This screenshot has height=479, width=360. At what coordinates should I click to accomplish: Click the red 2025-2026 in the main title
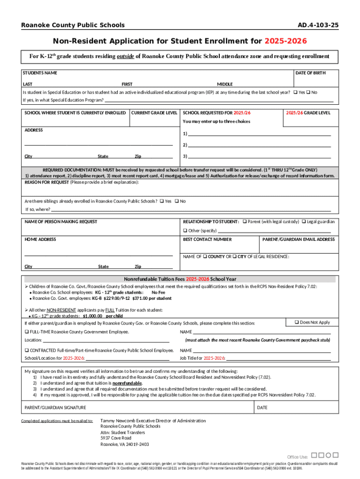[x=286, y=41]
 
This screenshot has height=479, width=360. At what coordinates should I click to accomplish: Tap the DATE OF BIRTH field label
[x=310, y=73]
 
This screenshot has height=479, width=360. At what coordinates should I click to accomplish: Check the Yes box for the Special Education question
[x=295, y=92]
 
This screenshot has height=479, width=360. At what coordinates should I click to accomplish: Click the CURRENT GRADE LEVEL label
[x=154, y=113]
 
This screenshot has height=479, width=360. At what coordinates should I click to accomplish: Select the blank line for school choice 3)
[x=259, y=156]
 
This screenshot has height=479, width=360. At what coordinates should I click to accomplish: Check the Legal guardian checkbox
[x=304, y=221]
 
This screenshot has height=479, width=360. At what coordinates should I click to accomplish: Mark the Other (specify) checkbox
[x=185, y=231]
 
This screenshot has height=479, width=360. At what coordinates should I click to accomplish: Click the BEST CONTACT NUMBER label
[x=207, y=239]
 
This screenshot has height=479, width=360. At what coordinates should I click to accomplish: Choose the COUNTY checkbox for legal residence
[x=205, y=256]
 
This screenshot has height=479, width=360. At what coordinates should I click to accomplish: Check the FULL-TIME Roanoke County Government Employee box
[x=27, y=332]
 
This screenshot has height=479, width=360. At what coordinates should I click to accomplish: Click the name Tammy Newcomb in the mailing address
[x=119, y=421]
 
